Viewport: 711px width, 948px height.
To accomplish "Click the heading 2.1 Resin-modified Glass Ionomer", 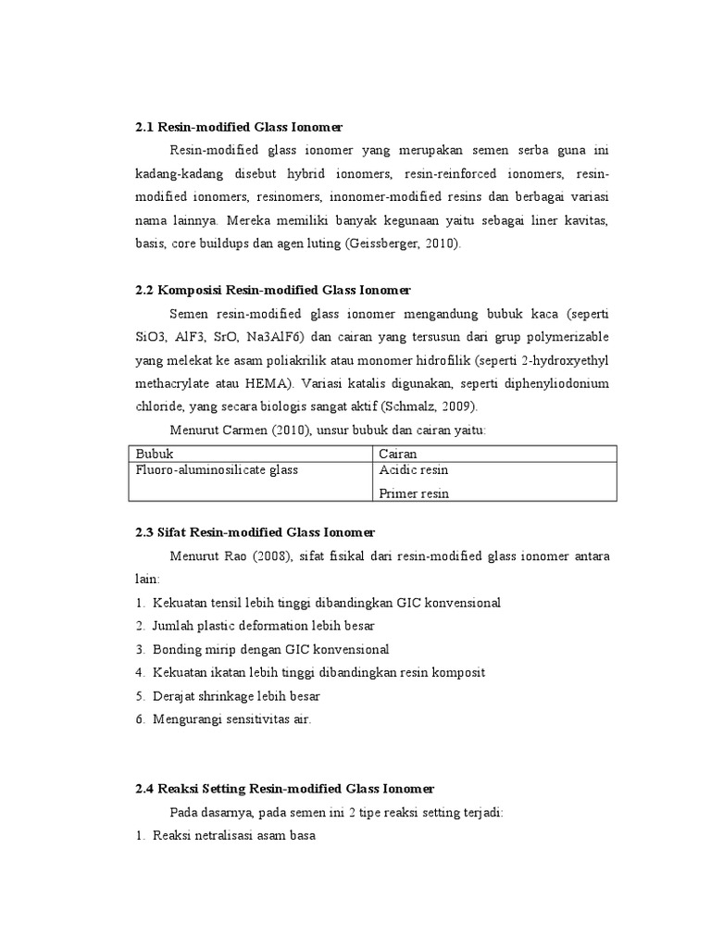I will pos(244,126).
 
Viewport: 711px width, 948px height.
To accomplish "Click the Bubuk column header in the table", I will pos(155,454).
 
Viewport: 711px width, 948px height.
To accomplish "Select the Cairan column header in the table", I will pos(398,454).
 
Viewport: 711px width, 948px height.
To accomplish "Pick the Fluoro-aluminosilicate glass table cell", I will pos(217,470).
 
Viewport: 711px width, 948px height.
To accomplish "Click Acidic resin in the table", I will pos(414,470).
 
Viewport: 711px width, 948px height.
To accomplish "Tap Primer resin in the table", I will pos(414,493).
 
